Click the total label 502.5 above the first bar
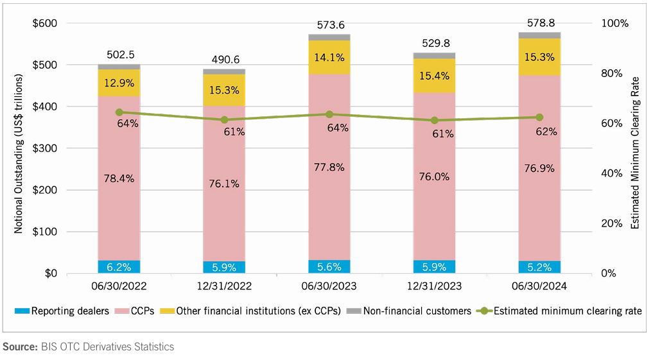tap(119, 55)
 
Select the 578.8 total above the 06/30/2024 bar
tap(539, 22)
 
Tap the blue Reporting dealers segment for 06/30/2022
tap(119, 266)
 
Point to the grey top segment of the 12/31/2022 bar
tap(224, 71)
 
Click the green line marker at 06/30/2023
tap(329, 114)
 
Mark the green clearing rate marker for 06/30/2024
tap(539, 117)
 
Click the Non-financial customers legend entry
tap(411, 311)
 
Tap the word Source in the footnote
tap(19, 347)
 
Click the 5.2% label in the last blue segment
tap(539, 266)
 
